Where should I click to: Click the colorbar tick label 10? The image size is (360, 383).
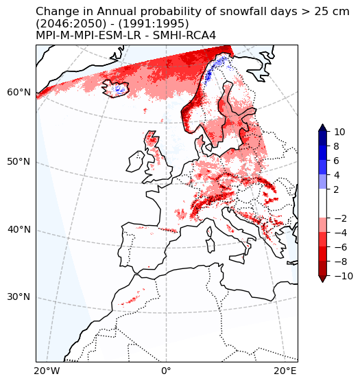(x=339, y=132)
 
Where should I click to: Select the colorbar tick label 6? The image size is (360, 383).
(x=337, y=161)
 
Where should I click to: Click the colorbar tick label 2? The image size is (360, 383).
(x=337, y=189)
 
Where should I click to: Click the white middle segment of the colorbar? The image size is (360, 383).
(x=322, y=204)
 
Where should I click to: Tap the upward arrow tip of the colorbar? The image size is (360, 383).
(x=322, y=126)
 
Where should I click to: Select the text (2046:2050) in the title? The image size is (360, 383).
(x=67, y=23)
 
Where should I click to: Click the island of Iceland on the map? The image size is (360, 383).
(x=117, y=88)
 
